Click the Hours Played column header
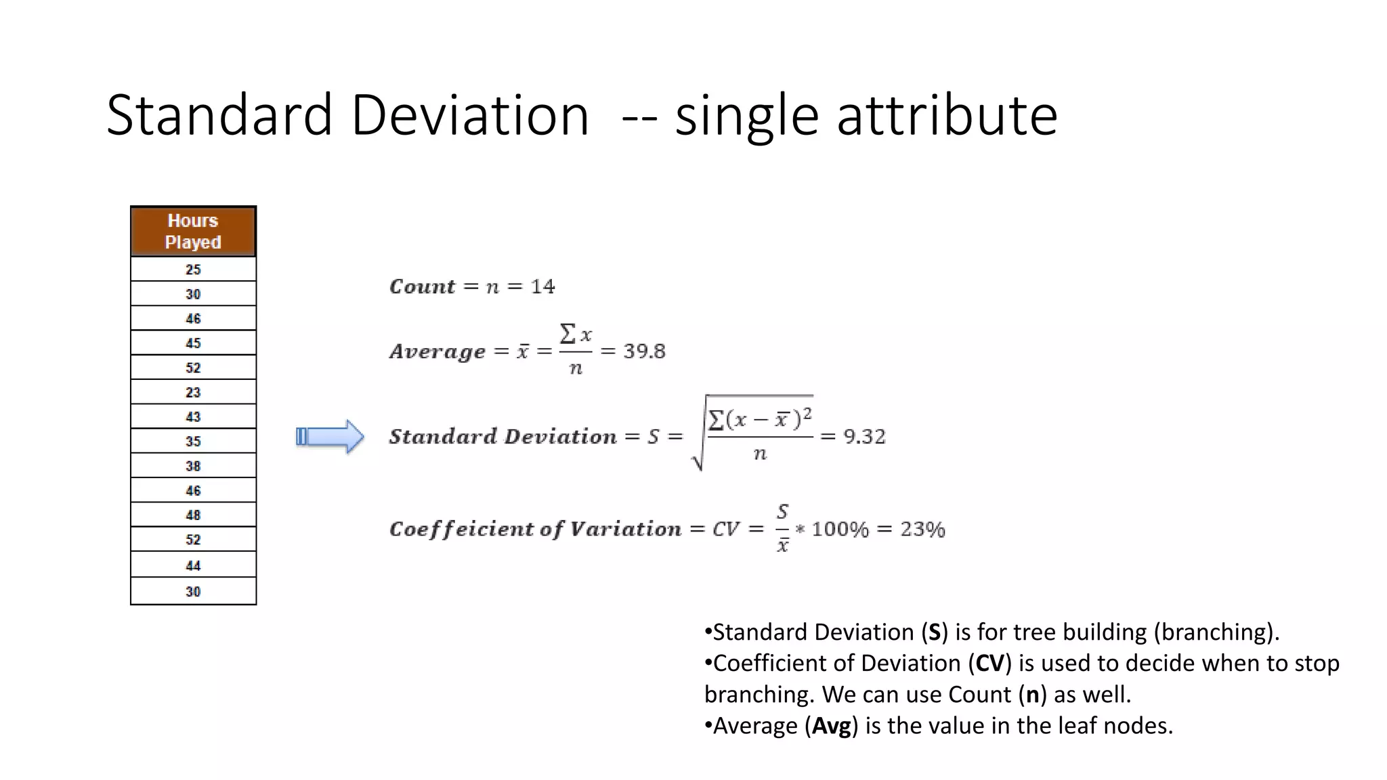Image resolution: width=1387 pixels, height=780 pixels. pos(193,232)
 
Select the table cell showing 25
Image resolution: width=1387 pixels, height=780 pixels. pos(193,269)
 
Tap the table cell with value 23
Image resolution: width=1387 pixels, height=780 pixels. pos(193,393)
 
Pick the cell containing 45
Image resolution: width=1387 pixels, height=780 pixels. pos(193,343)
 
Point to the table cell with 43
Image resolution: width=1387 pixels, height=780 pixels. pos(193,417)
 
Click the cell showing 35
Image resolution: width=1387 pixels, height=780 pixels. pos(193,441)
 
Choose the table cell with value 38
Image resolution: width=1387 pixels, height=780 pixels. pos(193,467)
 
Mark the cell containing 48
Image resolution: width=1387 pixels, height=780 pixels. pos(193,515)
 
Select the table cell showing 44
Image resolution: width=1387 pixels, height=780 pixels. pos(193,565)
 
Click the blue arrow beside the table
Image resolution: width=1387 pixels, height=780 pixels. pos(330,437)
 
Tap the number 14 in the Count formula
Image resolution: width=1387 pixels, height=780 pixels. pos(542,287)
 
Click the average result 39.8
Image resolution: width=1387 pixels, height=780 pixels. pos(644,351)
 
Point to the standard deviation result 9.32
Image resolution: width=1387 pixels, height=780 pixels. pos(864,437)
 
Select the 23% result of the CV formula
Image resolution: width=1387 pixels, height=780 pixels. pos(922,529)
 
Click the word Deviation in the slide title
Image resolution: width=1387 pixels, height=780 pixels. pos(469,116)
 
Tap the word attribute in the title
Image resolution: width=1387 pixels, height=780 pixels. pos(947,116)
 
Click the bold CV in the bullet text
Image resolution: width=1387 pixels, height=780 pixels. pos(989,664)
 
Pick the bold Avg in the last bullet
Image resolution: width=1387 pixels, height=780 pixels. pos(831,726)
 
